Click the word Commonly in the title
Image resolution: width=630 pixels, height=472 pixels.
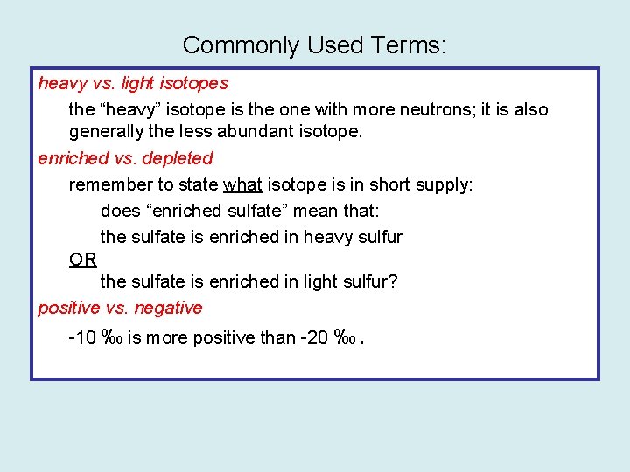[x=227, y=45]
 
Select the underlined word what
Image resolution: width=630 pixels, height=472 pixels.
[x=243, y=184]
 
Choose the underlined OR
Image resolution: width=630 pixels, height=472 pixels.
[x=83, y=260]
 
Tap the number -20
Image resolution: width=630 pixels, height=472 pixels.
[x=314, y=337]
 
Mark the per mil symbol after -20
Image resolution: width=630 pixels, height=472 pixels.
[x=345, y=337]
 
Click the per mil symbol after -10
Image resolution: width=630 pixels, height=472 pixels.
[x=112, y=337]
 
